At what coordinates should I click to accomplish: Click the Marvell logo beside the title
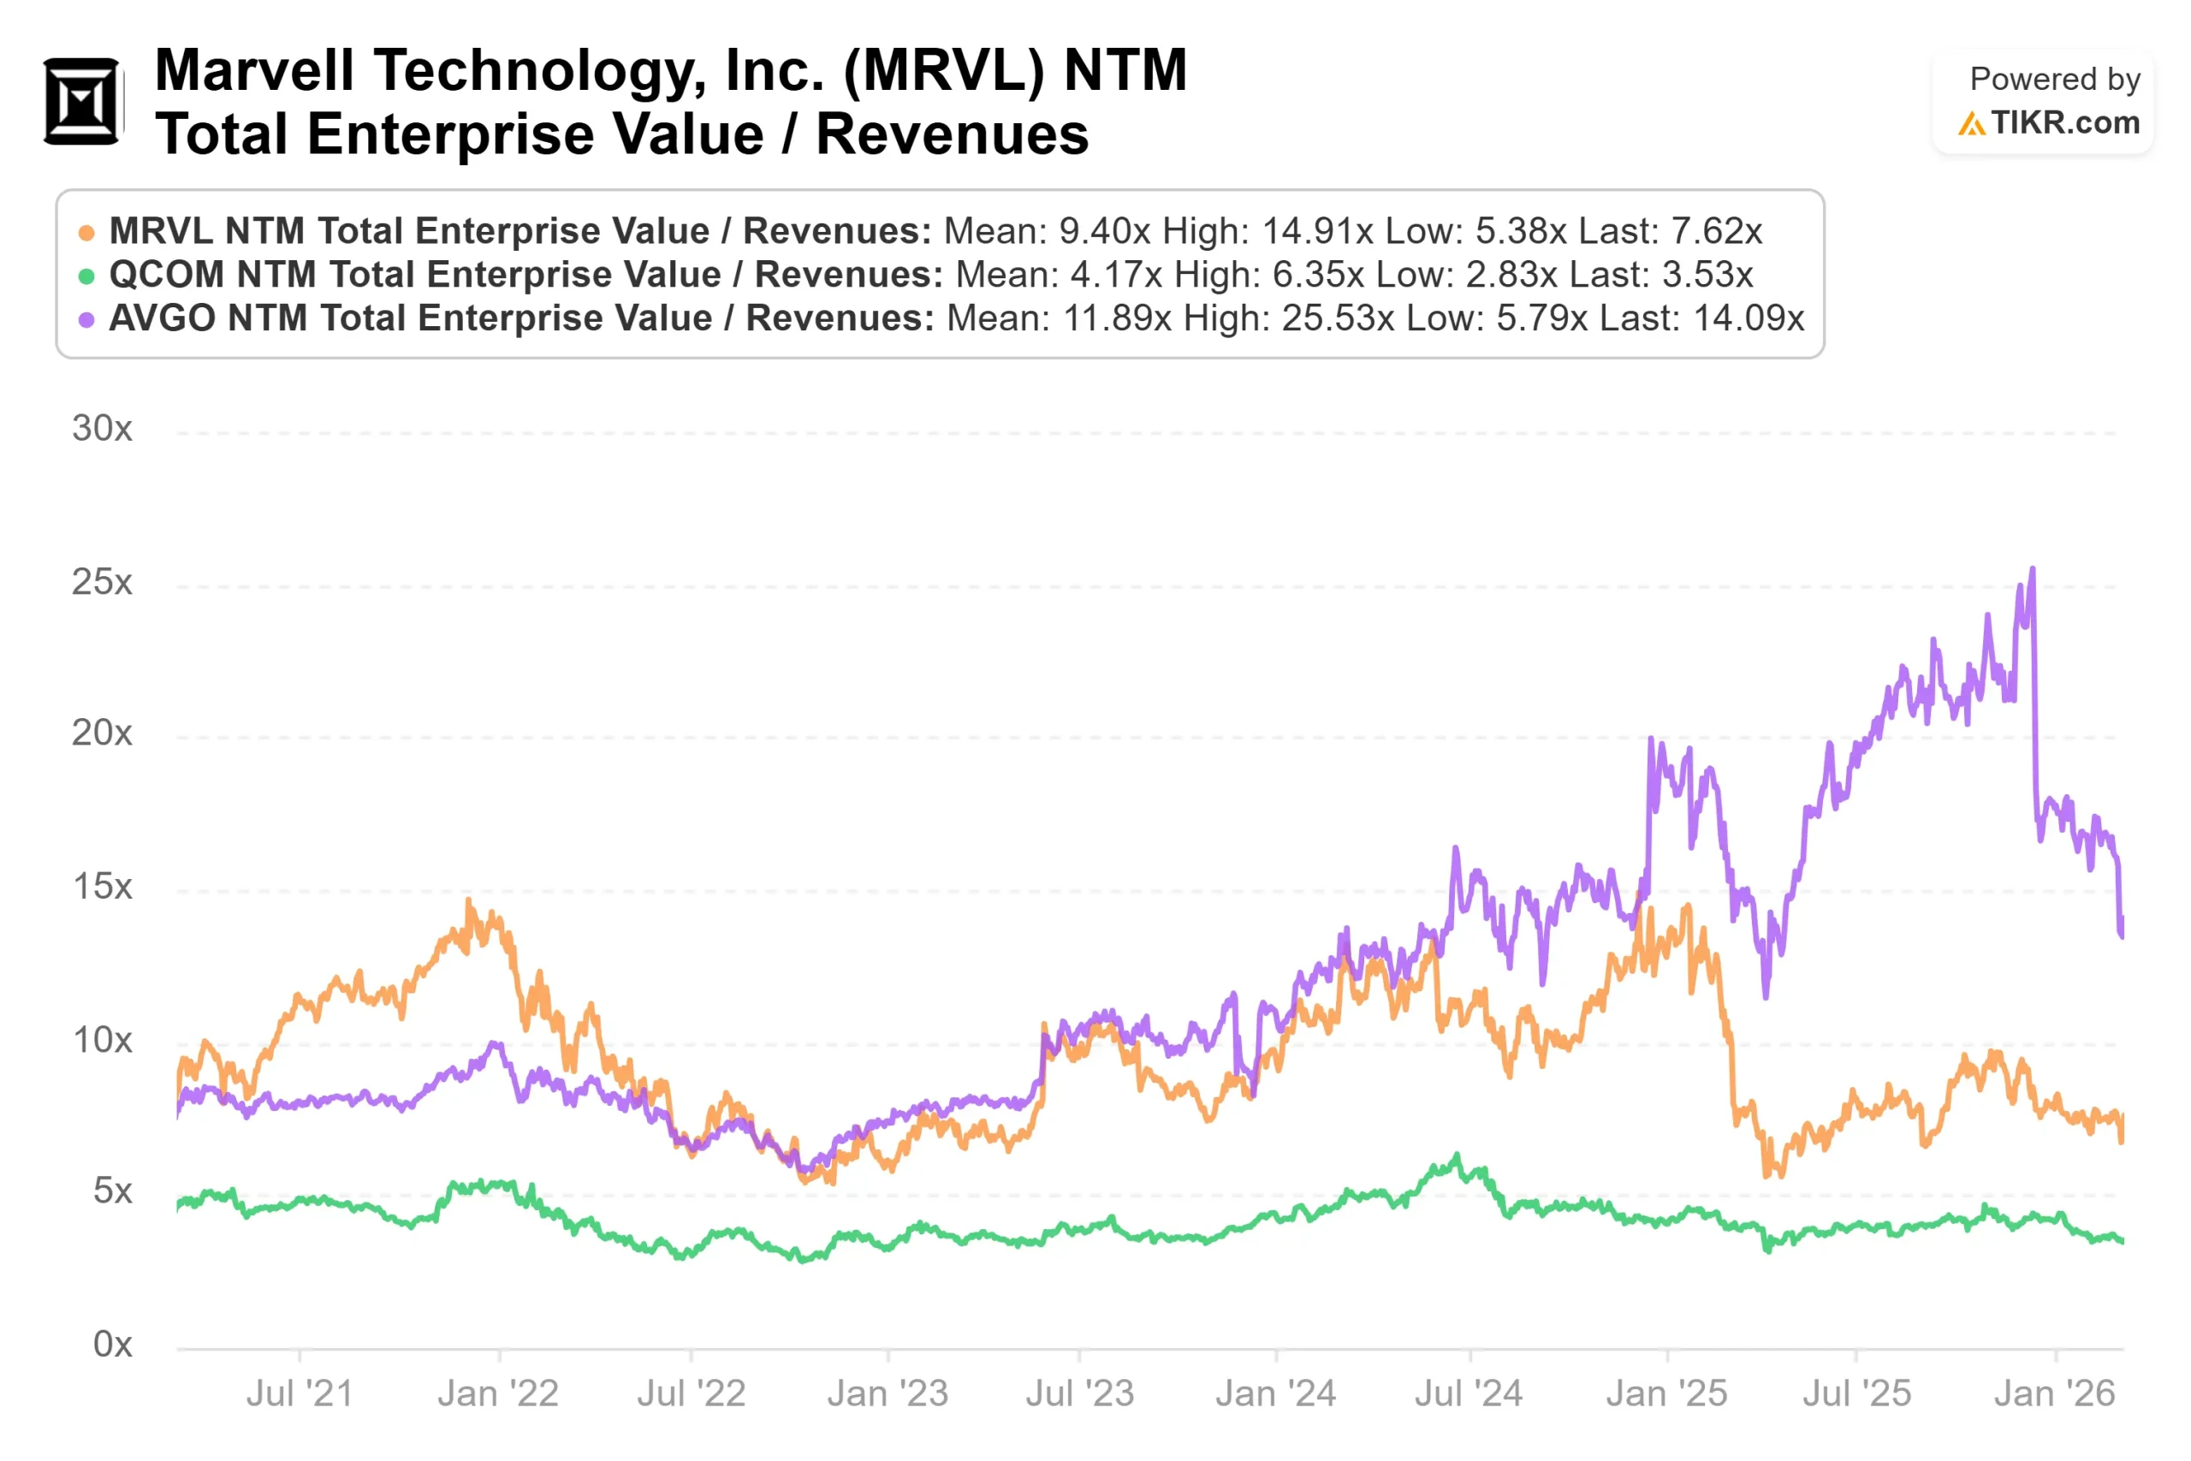pos(82,102)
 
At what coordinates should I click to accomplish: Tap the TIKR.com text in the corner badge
pos(2064,123)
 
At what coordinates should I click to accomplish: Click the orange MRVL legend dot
pos(86,233)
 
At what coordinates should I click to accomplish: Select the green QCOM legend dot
pos(86,276)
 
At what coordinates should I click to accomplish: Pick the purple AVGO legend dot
pos(86,319)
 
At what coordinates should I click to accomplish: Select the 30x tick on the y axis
pos(103,429)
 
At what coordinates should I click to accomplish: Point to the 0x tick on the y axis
pos(113,1345)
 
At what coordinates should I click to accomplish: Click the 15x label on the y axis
pos(103,887)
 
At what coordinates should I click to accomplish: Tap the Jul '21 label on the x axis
pos(300,1394)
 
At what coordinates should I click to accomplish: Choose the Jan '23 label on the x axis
pos(888,1394)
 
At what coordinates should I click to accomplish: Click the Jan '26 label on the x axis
pos(2054,1394)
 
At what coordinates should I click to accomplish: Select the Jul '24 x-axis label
pos(1469,1394)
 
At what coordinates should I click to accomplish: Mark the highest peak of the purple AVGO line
pos(2033,569)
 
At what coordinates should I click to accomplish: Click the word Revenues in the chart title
pos(952,134)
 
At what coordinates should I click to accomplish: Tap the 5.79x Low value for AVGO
pos(1541,318)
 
